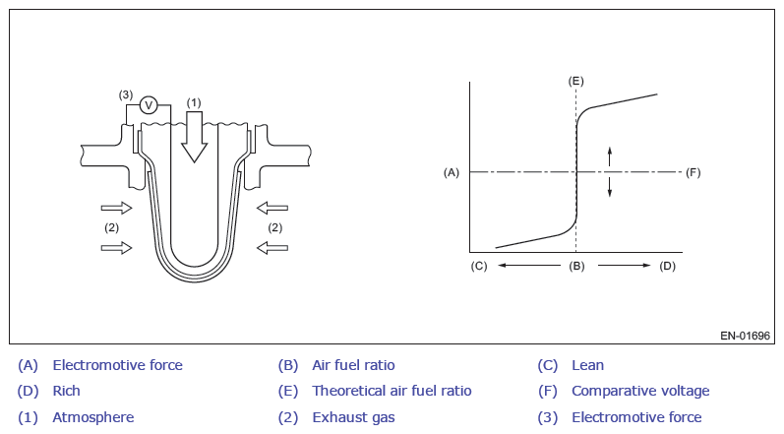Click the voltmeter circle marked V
pyautogui.click(x=148, y=105)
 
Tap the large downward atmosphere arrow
pyautogui.click(x=194, y=137)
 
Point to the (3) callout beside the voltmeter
pyautogui.click(x=126, y=94)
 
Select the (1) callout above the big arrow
pyautogui.click(x=194, y=102)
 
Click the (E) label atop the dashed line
pyautogui.click(x=576, y=81)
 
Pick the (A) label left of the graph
pyautogui.click(x=452, y=172)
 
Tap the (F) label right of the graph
pyautogui.click(x=693, y=172)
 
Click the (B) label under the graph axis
pyautogui.click(x=576, y=266)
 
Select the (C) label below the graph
pyautogui.click(x=479, y=266)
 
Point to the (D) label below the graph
pyautogui.click(x=668, y=266)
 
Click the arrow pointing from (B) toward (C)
pyautogui.click(x=529, y=266)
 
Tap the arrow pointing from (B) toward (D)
pyautogui.click(x=624, y=266)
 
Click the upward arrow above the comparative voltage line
pyautogui.click(x=610, y=156)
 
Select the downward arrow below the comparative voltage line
pyautogui.click(x=610, y=187)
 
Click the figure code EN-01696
pyautogui.click(x=745, y=336)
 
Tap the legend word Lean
pyautogui.click(x=587, y=365)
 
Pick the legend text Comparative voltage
pyautogui.click(x=640, y=391)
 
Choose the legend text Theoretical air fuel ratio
pyautogui.click(x=392, y=391)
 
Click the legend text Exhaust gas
pyautogui.click(x=353, y=417)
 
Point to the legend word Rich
pyautogui.click(x=67, y=391)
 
